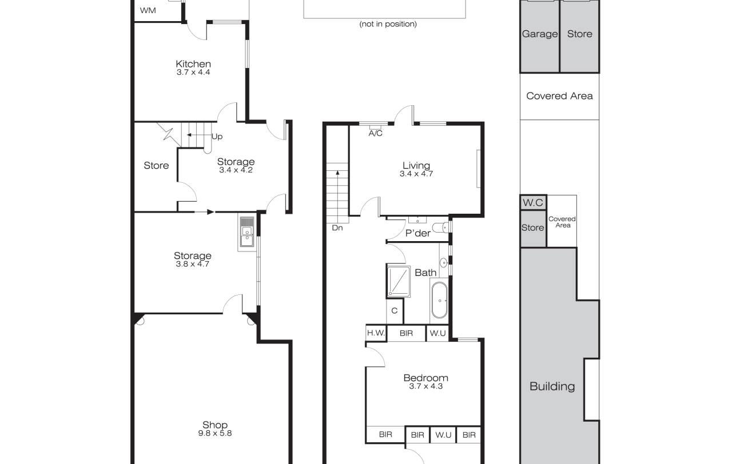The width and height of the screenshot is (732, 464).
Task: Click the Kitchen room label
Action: point(193,63)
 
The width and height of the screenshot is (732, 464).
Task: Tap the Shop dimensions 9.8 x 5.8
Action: point(214,433)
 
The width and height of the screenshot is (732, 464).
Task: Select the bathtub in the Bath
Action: point(440,301)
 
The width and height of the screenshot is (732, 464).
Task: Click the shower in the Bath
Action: point(399,282)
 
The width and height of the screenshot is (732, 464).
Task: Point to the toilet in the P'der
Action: point(440,227)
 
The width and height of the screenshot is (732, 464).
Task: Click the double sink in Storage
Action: point(246,232)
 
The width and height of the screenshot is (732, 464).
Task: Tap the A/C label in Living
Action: point(376,133)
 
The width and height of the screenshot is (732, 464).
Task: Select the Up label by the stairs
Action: point(217,137)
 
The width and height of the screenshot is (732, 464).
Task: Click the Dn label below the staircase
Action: point(337,227)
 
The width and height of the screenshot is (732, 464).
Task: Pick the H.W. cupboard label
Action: point(376,333)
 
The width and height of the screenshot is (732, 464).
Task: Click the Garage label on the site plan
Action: point(540,34)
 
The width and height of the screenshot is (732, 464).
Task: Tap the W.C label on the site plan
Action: point(532,202)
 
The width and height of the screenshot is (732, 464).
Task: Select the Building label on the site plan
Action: point(552,386)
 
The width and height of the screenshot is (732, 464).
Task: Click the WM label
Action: point(148,10)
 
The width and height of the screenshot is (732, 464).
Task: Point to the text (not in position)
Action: point(388,24)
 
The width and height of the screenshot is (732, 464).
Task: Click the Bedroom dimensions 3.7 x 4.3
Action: point(426,386)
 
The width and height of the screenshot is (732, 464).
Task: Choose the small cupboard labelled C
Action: point(395,310)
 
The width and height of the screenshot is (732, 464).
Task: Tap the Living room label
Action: point(416,165)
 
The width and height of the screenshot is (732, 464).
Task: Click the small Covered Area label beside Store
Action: point(562,222)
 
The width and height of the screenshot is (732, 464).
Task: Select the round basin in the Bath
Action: point(443,262)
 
